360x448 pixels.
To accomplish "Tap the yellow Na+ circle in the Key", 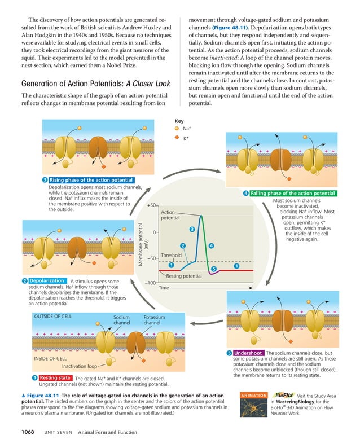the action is coord(177,129).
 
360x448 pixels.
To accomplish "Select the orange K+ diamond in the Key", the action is coord(177,138).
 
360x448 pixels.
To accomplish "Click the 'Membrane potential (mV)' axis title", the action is coord(143,244).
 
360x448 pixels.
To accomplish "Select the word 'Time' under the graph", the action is coord(164,288).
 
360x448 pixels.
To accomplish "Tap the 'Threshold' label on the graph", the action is coord(171,256).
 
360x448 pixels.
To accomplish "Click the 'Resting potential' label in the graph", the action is coord(184,276).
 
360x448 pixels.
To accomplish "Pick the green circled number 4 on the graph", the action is coord(211,246).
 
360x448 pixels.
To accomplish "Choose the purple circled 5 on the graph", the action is coord(213,269).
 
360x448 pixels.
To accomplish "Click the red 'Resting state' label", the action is coord(55,377).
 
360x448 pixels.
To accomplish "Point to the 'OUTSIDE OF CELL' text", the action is coord(53,317).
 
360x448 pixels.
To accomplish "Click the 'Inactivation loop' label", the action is coord(80,366).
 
